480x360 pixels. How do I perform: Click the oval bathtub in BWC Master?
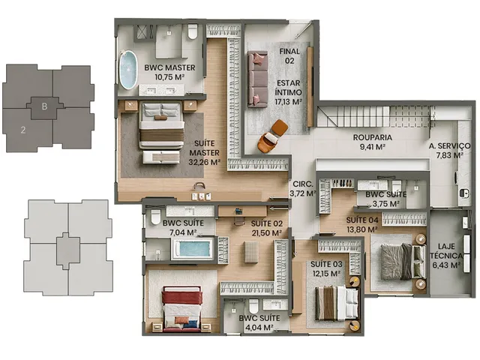coord(128,70)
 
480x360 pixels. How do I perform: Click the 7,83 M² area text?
coord(449,155)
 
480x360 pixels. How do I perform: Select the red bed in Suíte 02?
coord(182,309)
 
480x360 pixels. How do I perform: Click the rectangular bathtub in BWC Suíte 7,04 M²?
coord(193,248)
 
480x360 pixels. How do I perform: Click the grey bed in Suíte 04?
coord(399,262)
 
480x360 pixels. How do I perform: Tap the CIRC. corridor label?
coord(303,184)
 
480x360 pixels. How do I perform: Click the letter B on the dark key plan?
coord(44,106)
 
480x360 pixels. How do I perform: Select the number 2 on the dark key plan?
coord(23,130)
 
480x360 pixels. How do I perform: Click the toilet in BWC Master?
coord(192,31)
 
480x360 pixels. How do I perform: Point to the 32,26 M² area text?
coord(204,162)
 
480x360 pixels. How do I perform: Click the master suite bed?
coord(162,125)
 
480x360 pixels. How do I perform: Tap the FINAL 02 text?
coord(289,56)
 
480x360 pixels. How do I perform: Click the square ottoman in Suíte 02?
coord(251,252)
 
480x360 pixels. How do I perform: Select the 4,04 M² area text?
coord(259,328)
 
